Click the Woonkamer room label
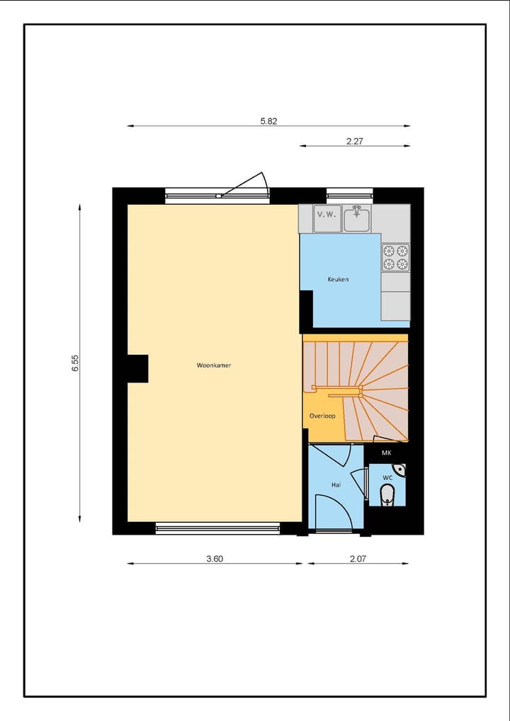(214, 365)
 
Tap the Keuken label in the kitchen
(338, 279)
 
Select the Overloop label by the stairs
(322, 416)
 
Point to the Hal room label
(336, 485)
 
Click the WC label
(387, 478)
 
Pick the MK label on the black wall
(387, 453)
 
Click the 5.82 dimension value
(268, 121)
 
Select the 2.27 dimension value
(354, 141)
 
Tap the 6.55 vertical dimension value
(75, 363)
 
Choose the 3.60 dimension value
(215, 559)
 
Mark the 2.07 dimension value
(358, 559)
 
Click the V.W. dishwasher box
(326, 214)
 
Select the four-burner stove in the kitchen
(395, 257)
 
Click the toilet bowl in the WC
(386, 497)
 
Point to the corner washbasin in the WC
(399, 469)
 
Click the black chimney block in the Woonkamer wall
(137, 368)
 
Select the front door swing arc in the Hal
(331, 511)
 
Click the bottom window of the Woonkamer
(218, 528)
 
